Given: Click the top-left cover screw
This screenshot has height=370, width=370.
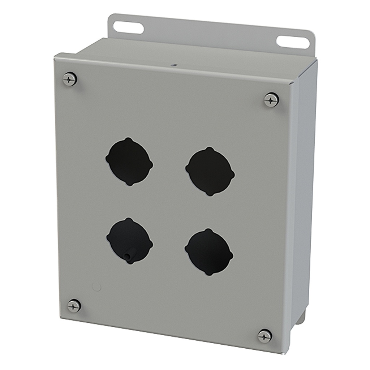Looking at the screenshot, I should pyautogui.click(x=70, y=79).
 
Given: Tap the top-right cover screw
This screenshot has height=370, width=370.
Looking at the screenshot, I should pyautogui.click(x=271, y=99).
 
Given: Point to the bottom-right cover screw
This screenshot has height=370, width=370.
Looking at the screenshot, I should pyautogui.click(x=265, y=336).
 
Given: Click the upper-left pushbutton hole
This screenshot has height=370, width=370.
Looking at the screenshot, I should pyautogui.click(x=129, y=161).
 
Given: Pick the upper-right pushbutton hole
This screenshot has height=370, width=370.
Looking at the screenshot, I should pyautogui.click(x=210, y=171).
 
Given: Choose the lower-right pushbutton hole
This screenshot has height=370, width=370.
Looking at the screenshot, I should pyautogui.click(x=209, y=252).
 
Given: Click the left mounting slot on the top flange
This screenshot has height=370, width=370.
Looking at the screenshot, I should pyautogui.click(x=128, y=27).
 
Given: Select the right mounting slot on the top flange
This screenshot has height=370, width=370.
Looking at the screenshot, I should pyautogui.click(x=293, y=42).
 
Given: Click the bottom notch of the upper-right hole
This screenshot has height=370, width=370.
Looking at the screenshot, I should pyautogui.click(x=209, y=194).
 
